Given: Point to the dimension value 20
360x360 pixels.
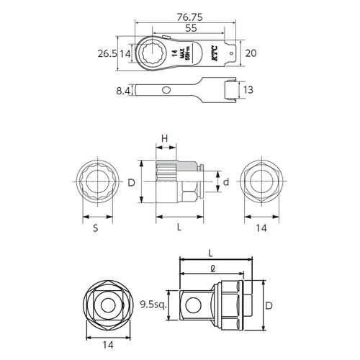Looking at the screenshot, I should (x=251, y=54).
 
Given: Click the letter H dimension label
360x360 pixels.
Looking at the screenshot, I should (x=165, y=138).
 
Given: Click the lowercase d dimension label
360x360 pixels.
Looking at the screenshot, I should (x=225, y=183).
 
